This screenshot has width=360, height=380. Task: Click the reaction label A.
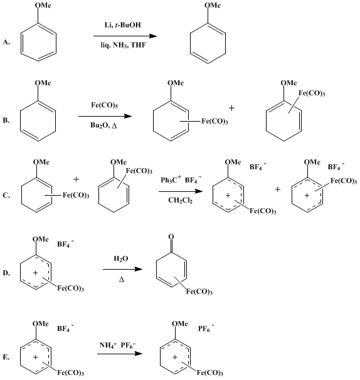(x=6, y=42)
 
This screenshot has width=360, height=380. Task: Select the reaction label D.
(x=6, y=273)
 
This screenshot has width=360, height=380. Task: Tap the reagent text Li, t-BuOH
(x=123, y=25)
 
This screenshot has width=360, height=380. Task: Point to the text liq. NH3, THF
(x=124, y=45)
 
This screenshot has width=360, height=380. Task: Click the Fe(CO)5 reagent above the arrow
(x=105, y=105)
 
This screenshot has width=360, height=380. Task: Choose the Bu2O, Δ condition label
(x=103, y=125)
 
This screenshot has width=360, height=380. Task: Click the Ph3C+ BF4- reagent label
(x=181, y=179)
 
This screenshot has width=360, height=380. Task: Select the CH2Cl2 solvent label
(x=181, y=201)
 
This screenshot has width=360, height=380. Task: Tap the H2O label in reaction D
(x=121, y=259)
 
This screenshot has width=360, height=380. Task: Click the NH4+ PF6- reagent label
(x=118, y=345)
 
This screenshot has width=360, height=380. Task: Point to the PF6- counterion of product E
(x=206, y=328)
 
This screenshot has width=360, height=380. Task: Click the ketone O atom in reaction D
(x=171, y=236)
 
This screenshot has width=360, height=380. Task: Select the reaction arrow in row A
(x=125, y=36)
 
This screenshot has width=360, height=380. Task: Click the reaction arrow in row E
(x=120, y=354)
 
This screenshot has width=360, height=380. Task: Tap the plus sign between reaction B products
(x=231, y=108)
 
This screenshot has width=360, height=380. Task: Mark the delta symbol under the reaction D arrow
(x=122, y=280)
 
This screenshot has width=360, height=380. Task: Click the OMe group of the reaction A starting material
(x=43, y=6)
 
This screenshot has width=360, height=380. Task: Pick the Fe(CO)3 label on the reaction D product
(x=199, y=292)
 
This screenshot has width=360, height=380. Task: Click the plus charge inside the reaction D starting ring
(x=35, y=273)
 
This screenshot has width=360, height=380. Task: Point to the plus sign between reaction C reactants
(x=76, y=179)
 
